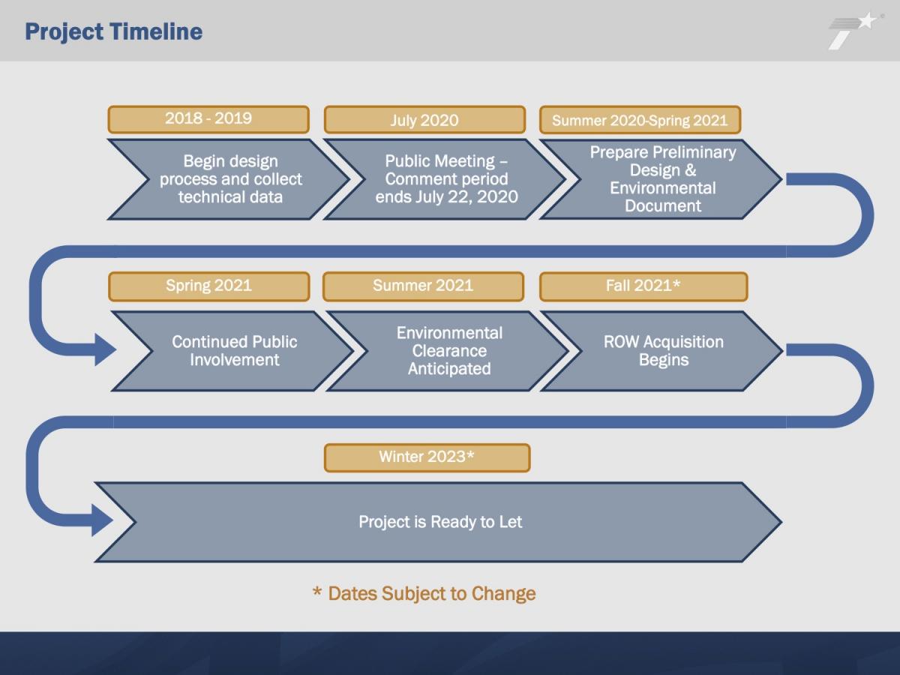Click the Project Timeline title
(113, 32)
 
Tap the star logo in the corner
(853, 31)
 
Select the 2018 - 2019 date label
(208, 119)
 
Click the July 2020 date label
(424, 120)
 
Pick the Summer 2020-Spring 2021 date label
(640, 120)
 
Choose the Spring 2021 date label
(208, 286)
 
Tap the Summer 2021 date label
(423, 286)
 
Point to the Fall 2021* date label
(643, 286)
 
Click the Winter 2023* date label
(427, 457)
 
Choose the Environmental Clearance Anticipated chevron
(449, 351)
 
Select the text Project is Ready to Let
(440, 522)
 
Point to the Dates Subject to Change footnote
(424, 593)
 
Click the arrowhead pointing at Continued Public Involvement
(105, 349)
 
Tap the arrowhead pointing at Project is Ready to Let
(102, 520)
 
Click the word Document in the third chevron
(663, 205)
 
